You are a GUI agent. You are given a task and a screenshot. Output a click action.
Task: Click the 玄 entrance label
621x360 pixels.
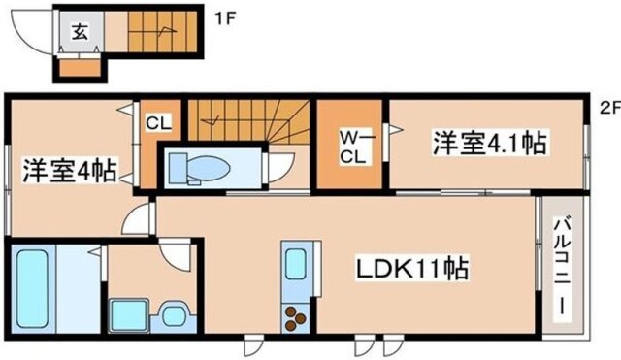tap(79, 29)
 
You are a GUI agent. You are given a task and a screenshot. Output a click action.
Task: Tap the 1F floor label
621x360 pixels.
tap(225, 16)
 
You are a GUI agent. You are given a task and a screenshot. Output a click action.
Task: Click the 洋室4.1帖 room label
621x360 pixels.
tap(488, 144)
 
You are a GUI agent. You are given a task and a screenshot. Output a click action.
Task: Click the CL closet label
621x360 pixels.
tap(158, 122)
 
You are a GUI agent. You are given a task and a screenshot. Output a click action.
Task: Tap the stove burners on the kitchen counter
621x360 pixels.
tap(295, 316)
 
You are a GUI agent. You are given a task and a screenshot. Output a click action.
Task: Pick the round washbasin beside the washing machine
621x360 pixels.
tap(173, 314)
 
